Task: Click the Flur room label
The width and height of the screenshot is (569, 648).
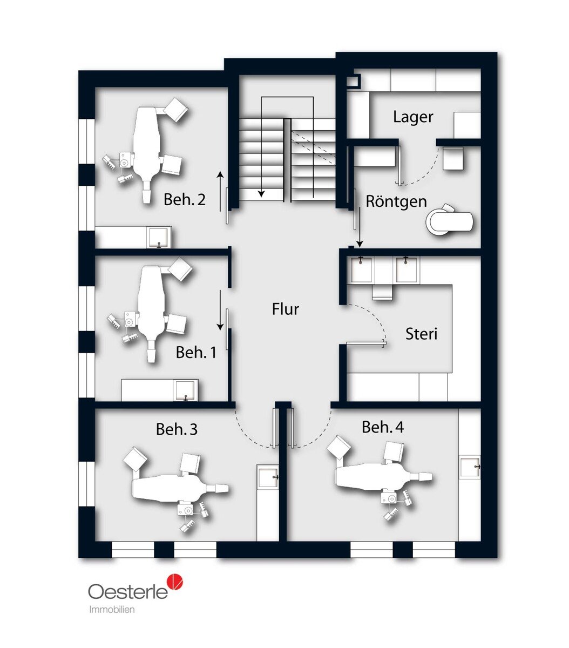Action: click(x=285, y=309)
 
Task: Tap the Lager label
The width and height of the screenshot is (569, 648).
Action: click(x=413, y=117)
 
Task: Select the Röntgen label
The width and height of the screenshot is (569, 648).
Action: click(x=396, y=201)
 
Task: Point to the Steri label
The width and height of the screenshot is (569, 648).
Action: click(x=421, y=334)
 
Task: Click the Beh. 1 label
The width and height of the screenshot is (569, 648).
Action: click(x=196, y=353)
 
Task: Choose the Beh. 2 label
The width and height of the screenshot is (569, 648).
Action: click(x=184, y=200)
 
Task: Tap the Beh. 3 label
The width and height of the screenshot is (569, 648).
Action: click(x=177, y=429)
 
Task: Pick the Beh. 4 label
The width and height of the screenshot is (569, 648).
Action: click(x=383, y=427)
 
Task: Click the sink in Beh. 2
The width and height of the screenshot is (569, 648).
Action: click(x=159, y=237)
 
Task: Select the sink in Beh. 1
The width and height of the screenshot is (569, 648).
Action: click(x=186, y=390)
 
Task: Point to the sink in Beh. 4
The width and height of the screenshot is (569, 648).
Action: click(x=470, y=467)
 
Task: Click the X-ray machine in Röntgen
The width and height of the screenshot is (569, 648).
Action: click(x=449, y=219)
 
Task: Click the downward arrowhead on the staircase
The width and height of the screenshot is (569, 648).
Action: click(x=261, y=193)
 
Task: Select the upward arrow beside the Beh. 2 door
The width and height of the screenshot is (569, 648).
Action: click(x=220, y=191)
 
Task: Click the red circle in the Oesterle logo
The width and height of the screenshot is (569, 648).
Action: click(x=175, y=582)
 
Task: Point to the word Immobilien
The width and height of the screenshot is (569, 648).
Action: click(x=112, y=609)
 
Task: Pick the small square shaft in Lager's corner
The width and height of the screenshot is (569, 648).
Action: click(x=354, y=80)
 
